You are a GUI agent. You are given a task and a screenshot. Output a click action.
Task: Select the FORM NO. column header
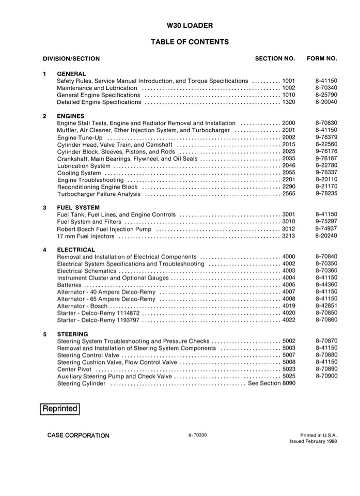click(322, 59)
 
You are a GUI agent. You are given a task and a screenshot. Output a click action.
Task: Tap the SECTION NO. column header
click(275, 59)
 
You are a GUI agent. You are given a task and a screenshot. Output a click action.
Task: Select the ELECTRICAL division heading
click(75, 250)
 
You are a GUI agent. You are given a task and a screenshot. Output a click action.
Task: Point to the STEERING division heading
click(72, 334)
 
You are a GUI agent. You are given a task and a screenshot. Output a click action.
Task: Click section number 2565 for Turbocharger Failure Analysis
click(289, 194)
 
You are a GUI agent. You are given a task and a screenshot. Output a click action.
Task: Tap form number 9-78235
click(325, 194)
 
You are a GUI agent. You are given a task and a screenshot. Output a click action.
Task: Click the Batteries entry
click(69, 285)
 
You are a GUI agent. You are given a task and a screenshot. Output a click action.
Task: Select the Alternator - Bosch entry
click(82, 306)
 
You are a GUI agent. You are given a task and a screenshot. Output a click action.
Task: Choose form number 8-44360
click(325, 285)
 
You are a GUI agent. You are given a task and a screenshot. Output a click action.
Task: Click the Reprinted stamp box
click(60, 409)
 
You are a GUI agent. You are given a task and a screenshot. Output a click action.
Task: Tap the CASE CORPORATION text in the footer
click(78, 436)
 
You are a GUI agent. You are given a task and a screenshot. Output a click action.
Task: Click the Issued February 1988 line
click(313, 442)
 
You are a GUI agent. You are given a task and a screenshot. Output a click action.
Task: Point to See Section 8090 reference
click(272, 384)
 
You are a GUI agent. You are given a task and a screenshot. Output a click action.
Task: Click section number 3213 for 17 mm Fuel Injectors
click(289, 236)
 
